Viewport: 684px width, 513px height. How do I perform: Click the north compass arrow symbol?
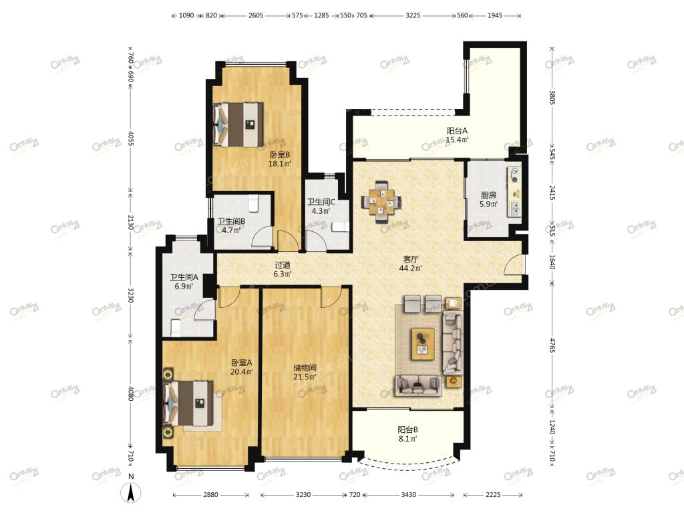coord(131,492)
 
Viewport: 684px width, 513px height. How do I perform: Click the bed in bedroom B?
coord(238,124)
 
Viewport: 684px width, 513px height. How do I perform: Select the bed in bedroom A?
coord(188,403)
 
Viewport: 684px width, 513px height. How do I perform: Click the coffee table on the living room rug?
coord(423,344)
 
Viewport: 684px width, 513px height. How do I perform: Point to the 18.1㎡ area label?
coord(279,164)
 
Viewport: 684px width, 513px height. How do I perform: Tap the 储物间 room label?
coord(305,368)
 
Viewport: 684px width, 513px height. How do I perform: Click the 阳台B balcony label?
coord(407,430)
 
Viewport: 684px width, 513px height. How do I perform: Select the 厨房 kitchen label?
coord(488,195)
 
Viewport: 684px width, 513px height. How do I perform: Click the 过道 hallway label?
coord(283,265)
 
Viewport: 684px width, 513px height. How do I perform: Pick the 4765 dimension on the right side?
coord(552,345)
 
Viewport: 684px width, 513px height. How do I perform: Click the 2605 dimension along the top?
coord(256,15)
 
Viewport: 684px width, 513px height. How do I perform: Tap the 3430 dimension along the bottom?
coord(408,495)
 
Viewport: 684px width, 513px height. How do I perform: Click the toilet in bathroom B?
coord(254,202)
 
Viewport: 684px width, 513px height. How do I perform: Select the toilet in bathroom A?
coord(176,328)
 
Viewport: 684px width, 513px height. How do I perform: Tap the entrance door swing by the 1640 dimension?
coord(515,265)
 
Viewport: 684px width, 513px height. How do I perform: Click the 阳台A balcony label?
coord(457,130)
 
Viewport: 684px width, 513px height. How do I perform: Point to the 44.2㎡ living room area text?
coord(411,269)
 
